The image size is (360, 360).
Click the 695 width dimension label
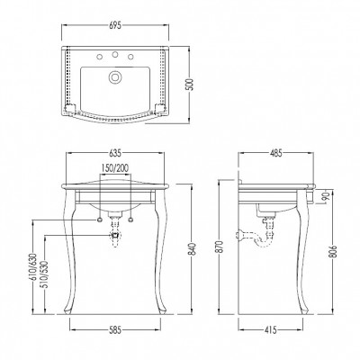click(x=115, y=25)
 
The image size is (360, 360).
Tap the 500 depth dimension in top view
click(x=193, y=85)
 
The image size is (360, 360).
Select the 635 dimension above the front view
click(x=115, y=153)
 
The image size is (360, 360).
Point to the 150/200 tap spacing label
click(x=114, y=168)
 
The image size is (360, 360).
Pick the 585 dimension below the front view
click(x=115, y=330)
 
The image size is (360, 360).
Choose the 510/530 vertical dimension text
click(x=45, y=274)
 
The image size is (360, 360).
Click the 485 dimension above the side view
click(x=276, y=153)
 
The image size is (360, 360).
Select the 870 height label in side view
click(x=220, y=247)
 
